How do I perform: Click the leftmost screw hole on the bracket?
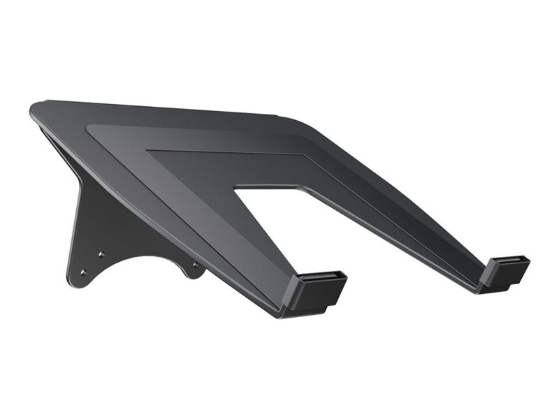[x=83, y=272]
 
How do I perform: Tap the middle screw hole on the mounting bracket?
[x=101, y=254]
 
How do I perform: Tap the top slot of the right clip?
[x=509, y=262]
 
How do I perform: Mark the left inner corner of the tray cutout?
[x=236, y=187]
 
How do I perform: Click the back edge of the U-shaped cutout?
[x=269, y=186]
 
